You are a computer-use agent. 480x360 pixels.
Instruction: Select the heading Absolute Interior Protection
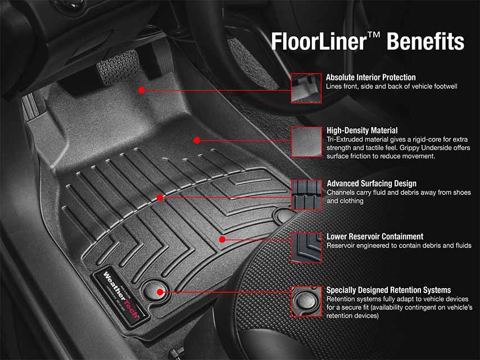pos(370,77)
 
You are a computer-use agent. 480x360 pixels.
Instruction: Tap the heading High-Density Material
pos(362,130)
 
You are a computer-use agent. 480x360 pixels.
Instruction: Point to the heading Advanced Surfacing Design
pos(372,183)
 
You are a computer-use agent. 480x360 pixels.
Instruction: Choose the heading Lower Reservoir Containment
pos(375,236)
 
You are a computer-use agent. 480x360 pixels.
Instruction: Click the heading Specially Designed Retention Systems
pos(388,290)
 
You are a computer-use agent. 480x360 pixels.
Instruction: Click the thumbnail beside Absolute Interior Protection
pos(306,88)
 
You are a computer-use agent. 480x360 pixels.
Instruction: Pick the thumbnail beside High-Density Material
pos(306,141)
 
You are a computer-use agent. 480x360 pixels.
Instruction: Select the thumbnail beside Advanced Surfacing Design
pos(306,195)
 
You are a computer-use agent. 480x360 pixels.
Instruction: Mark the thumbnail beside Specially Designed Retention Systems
pos(306,301)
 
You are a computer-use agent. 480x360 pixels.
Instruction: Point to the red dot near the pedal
pos(142,90)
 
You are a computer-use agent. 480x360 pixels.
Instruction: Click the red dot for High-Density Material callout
pos(197,140)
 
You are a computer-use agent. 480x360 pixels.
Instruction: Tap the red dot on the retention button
pos(160,292)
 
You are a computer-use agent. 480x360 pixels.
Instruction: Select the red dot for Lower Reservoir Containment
pos(222,239)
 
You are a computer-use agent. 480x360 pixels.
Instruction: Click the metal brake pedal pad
pos(117,66)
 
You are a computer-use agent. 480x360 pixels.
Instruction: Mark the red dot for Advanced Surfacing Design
pos(160,197)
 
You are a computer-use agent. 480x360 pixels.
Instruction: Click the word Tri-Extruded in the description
pos(345,139)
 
